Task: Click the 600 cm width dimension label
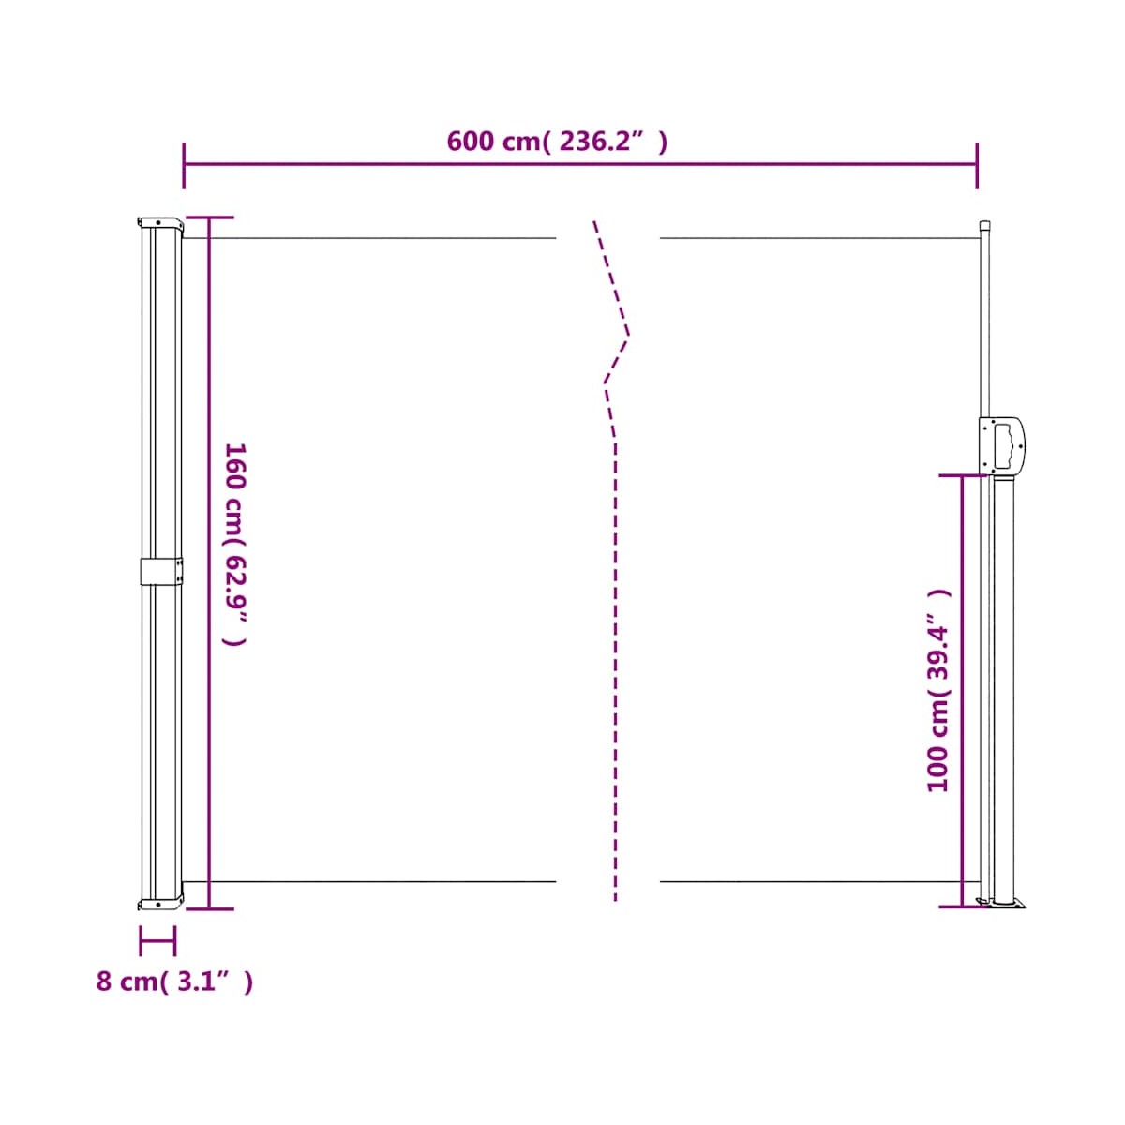[556, 142]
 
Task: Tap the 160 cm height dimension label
[236, 544]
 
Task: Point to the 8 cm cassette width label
[174, 981]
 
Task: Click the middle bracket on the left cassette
[161, 572]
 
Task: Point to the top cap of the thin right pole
[984, 225]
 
